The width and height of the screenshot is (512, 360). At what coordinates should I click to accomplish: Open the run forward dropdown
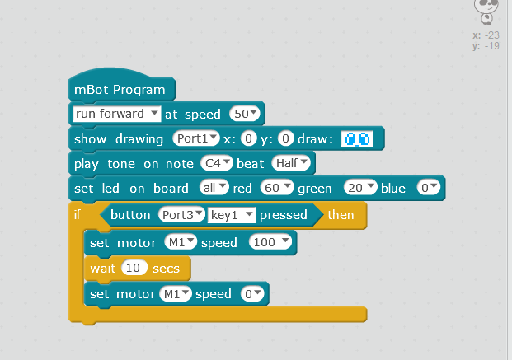(116, 114)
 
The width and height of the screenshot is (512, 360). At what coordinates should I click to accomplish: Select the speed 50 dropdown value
(245, 114)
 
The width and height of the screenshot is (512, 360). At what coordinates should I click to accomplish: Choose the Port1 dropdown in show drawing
(196, 138)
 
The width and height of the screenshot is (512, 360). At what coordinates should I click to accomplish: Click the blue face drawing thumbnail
(357, 139)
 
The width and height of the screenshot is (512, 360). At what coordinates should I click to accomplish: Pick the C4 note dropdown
(217, 163)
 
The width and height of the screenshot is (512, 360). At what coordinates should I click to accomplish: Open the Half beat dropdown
(291, 163)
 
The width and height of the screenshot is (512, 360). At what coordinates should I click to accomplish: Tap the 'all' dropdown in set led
(214, 188)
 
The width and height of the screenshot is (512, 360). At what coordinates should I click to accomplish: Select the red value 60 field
(276, 188)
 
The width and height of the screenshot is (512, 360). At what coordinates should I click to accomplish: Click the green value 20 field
(360, 188)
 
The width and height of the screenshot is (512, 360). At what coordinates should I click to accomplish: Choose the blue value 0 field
(429, 188)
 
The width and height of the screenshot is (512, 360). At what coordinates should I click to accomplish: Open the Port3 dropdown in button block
(181, 215)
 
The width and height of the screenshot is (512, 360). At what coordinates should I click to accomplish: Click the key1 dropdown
(232, 215)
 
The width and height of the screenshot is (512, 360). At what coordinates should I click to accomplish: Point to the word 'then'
(341, 215)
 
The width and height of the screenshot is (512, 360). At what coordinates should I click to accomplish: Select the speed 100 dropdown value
(270, 242)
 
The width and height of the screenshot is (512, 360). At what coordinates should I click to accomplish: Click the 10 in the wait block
(134, 268)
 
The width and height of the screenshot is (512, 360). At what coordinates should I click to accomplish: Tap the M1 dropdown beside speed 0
(176, 294)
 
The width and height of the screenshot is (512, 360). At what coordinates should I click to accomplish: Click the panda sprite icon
(486, 12)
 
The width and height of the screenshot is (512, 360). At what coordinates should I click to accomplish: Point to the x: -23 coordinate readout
(486, 35)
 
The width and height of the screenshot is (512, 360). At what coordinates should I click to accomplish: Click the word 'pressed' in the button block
(283, 215)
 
